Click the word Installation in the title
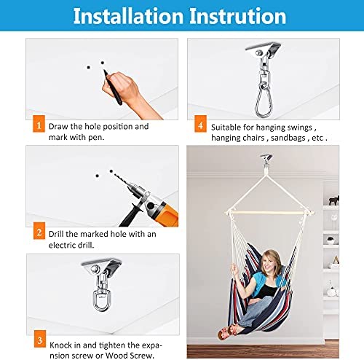[128, 16]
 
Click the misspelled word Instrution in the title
[238, 16]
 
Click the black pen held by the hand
[113, 87]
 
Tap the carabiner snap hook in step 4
[263, 100]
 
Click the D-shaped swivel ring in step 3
[100, 301]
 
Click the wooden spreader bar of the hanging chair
[270, 213]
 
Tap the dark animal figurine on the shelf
[334, 200]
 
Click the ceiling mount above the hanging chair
[266, 157]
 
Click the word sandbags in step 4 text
[288, 138]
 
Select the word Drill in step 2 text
[56, 234]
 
